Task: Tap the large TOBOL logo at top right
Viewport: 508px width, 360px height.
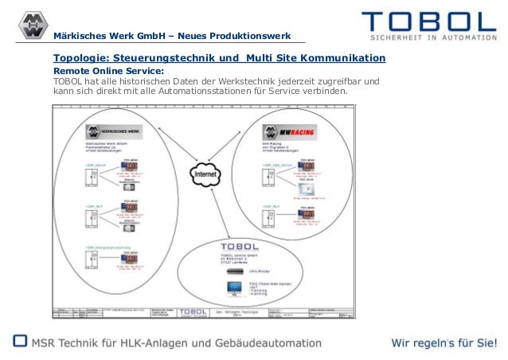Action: (x=428, y=21)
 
